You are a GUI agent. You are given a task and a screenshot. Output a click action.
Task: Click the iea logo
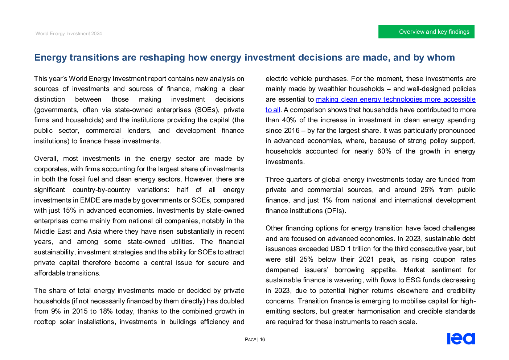pos(461,339)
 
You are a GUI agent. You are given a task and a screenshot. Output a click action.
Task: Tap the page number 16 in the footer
pos(262,340)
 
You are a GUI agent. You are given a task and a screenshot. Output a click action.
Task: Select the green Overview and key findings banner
pos(426,32)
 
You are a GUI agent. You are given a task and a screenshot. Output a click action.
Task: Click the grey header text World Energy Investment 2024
pos(69,34)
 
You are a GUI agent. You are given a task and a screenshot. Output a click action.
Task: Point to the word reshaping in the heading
pos(162,57)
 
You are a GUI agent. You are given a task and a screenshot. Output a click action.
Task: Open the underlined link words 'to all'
pos(273,110)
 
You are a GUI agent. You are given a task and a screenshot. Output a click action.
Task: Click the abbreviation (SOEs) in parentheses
pos(207,110)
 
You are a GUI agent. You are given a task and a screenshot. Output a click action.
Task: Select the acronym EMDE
pos(90,200)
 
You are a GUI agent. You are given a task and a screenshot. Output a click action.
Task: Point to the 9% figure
pos(56,311)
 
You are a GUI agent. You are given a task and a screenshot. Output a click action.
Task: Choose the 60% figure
pos(384,151)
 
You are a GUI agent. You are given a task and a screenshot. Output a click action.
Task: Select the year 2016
pos(292,130)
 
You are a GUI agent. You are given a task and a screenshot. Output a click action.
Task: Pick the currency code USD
pos(338,249)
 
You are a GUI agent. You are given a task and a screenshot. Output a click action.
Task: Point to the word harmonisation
pos(379,311)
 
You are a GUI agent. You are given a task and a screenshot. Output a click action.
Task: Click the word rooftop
pos(45,322)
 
